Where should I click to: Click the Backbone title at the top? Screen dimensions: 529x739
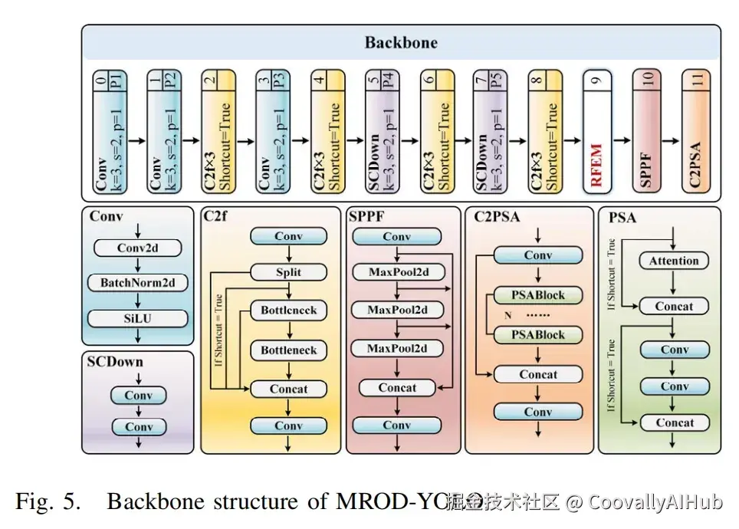click(x=401, y=42)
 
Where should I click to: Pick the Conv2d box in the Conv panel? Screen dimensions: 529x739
click(x=138, y=248)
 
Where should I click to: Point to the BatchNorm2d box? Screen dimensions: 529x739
click(x=138, y=283)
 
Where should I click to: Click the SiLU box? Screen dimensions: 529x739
click(x=138, y=318)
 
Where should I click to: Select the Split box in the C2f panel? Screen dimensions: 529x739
click(x=289, y=272)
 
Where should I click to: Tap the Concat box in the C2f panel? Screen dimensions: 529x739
click(x=289, y=389)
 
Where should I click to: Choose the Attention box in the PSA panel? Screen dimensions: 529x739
click(x=674, y=261)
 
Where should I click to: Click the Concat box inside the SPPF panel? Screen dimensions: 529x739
click(x=397, y=388)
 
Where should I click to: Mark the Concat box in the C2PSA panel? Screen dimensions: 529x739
click(x=538, y=374)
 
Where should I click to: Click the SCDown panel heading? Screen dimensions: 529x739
click(x=116, y=361)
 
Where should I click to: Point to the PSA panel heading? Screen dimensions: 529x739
click(x=622, y=217)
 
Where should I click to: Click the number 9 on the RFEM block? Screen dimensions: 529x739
click(x=598, y=80)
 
